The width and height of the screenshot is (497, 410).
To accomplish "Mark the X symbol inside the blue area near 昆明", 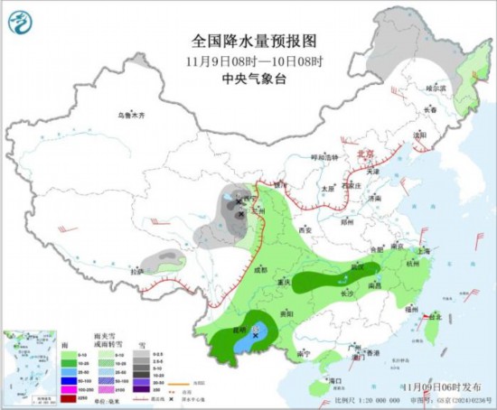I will tap(257, 335).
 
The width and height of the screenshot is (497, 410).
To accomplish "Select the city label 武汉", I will tap(358, 267).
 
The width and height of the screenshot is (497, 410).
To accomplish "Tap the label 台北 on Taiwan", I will tap(435, 317).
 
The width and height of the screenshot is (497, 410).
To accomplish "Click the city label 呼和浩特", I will tap(324, 157).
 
